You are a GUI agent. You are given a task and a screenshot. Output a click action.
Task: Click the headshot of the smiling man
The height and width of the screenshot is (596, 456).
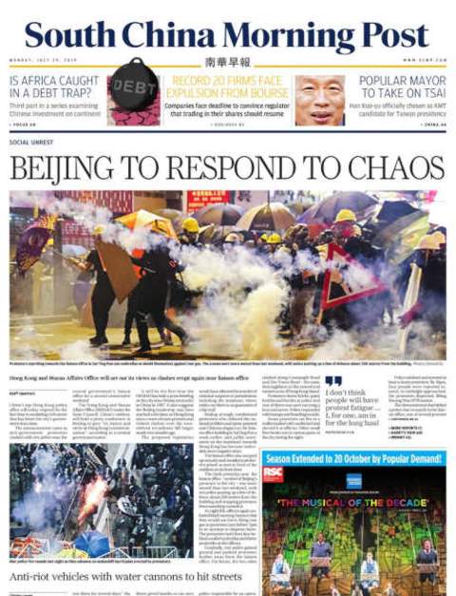click(x=319, y=99)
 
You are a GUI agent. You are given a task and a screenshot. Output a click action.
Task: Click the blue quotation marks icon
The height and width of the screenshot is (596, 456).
click(x=332, y=381)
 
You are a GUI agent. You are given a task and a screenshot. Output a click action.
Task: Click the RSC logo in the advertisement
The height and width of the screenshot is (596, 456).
click(x=274, y=473)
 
